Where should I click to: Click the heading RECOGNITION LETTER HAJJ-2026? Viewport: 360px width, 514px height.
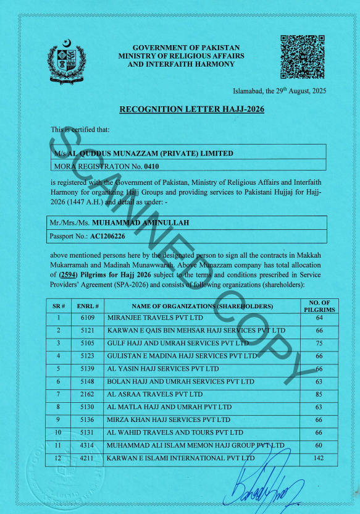tap(179, 109)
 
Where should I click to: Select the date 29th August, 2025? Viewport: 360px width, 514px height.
tap(295, 91)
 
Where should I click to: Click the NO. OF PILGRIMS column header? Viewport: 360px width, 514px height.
tap(319, 306)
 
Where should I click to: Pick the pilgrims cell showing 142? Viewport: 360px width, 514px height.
tap(319, 458)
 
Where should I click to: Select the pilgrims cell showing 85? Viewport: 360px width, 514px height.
tap(319, 394)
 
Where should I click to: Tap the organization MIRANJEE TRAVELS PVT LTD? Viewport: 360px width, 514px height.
tap(155, 318)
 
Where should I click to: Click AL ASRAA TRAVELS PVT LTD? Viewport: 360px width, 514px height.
tap(155, 394)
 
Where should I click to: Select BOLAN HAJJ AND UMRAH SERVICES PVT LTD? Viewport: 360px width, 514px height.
tap(180, 382)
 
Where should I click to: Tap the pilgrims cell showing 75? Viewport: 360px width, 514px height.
tap(319, 343)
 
